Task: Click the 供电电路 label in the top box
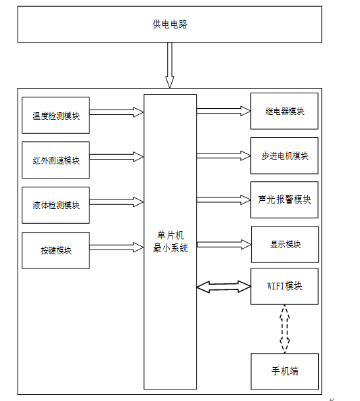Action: pyautogui.click(x=170, y=24)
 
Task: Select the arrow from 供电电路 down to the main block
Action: pyautogui.click(x=170, y=65)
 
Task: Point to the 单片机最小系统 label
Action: pyautogui.click(x=171, y=241)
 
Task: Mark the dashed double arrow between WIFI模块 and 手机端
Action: pyautogui.click(x=284, y=329)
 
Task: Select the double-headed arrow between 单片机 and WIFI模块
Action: pyautogui.click(x=223, y=287)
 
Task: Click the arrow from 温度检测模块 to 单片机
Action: pyautogui.click(x=116, y=112)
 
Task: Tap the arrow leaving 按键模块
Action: pyautogui.click(x=116, y=247)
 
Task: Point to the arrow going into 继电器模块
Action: pyautogui.click(x=223, y=111)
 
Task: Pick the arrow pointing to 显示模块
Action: pyautogui.click(x=224, y=245)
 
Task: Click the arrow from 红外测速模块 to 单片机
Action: pyautogui.click(x=116, y=157)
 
